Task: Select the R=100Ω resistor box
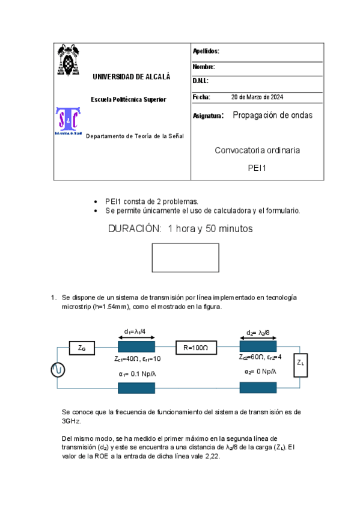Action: coord(195,347)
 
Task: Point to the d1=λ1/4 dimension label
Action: coord(136,331)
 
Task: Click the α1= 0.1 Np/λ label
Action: coord(137,373)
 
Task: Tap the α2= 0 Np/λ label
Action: coord(261,372)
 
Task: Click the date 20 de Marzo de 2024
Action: coord(257,97)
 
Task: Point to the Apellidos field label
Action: coord(206,52)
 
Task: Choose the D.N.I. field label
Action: coord(201,81)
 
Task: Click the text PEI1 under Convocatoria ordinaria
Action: coord(257,168)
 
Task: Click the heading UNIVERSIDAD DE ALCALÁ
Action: coord(131,77)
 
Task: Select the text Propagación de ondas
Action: coord(272,115)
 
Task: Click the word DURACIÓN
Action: coord(135,229)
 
